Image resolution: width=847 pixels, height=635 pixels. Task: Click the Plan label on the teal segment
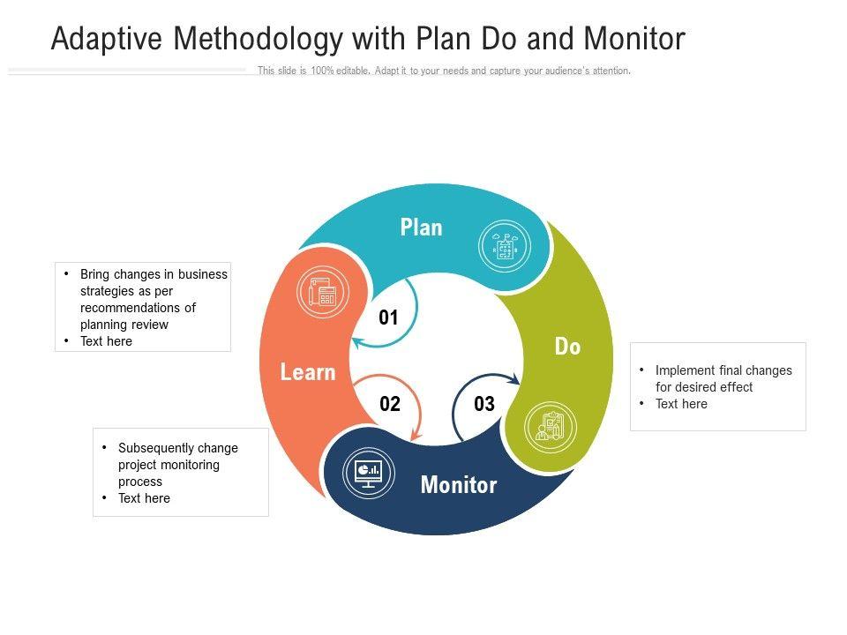tap(421, 228)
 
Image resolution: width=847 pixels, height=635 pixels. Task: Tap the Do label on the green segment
tap(567, 347)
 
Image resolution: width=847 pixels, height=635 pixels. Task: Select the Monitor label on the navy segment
tap(458, 484)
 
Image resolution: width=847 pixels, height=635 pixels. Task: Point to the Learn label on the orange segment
tap(308, 372)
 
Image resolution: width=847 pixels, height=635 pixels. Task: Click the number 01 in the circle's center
tap(388, 318)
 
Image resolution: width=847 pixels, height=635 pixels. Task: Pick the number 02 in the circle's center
tap(390, 404)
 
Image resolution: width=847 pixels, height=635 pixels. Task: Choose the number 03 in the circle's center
tap(484, 404)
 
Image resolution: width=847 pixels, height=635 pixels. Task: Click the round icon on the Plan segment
tap(505, 246)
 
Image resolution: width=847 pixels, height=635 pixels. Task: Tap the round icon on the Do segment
tap(550, 428)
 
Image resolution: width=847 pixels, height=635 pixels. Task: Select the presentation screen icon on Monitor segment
tap(368, 473)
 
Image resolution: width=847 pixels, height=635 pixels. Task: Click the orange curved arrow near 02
tap(407, 406)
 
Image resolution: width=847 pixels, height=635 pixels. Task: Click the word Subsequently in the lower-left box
tap(156, 447)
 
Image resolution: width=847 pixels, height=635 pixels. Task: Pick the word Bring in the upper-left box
tap(96, 274)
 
